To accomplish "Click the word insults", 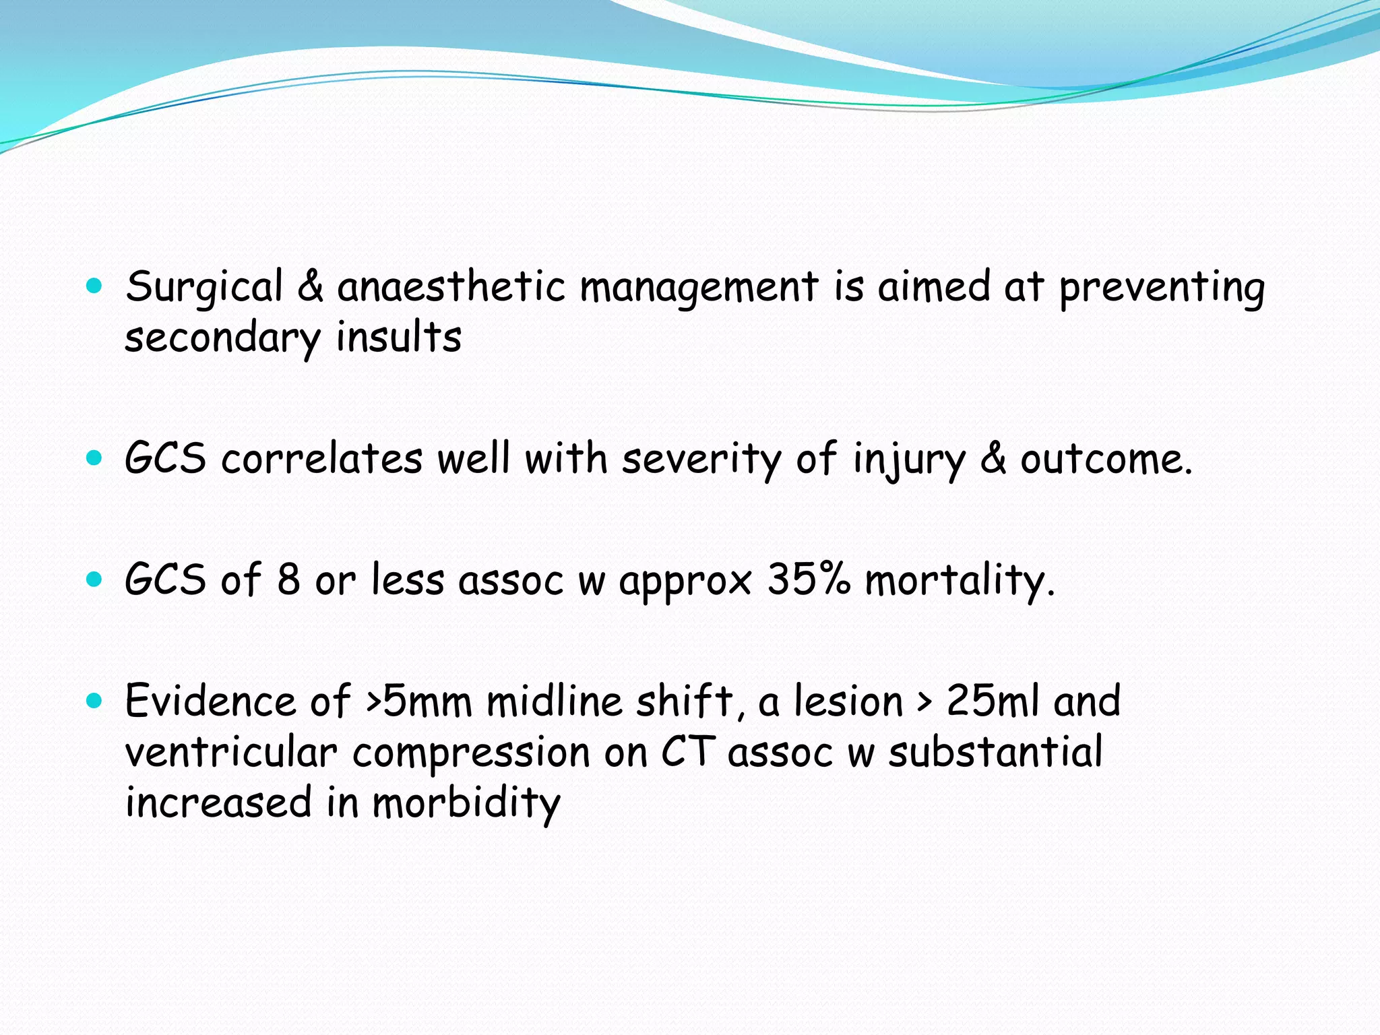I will [399, 338].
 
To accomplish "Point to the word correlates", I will [322, 460].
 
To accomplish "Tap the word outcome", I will [1106, 460].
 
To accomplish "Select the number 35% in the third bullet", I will [809, 579].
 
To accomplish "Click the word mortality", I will [959, 581].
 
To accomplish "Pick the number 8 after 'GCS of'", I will [288, 579].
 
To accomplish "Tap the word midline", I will [555, 701].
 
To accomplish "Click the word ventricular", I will [231, 753].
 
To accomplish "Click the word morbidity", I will [466, 804].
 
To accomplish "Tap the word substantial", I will [995, 752].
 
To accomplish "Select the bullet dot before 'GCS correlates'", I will [94, 459].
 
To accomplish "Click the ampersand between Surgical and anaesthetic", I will [310, 287].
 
